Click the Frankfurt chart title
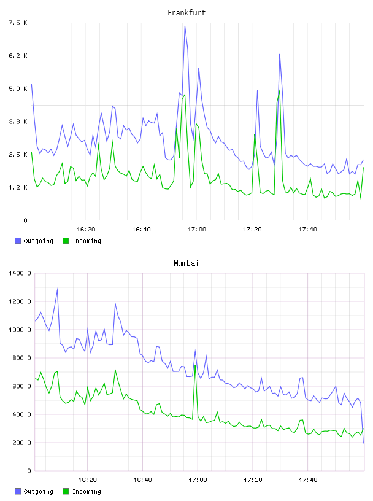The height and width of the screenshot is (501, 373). pos(186,13)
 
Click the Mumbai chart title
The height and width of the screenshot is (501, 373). pos(186,263)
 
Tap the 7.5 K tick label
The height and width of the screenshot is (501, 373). pos(18,23)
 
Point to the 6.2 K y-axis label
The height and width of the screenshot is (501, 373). pos(18,56)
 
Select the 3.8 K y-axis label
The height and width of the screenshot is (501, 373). pos(18,122)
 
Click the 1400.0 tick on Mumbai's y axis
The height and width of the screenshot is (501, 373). pos(20,273)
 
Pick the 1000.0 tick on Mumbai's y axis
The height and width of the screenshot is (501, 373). pos(20,330)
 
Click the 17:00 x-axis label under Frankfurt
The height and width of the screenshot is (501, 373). pos(197,230)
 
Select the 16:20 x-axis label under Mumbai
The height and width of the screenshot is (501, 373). pos(87,480)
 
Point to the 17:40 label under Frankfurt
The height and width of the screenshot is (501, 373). pos(308,230)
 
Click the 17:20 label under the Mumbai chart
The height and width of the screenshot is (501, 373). pos(253,480)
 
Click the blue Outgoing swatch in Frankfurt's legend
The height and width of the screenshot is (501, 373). pos(18,241)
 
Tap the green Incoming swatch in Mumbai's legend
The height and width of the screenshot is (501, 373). pos(66,491)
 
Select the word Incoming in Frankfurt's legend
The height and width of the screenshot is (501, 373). pos(87,241)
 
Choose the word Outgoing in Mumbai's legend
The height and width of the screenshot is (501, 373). pos(38,491)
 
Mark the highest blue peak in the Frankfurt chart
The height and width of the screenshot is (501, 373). pos(185,26)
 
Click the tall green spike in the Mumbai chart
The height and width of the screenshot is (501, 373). pos(195,365)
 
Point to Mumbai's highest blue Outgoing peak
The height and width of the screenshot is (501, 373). pos(57,289)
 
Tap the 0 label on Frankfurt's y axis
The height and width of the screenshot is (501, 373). pos(26,220)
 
